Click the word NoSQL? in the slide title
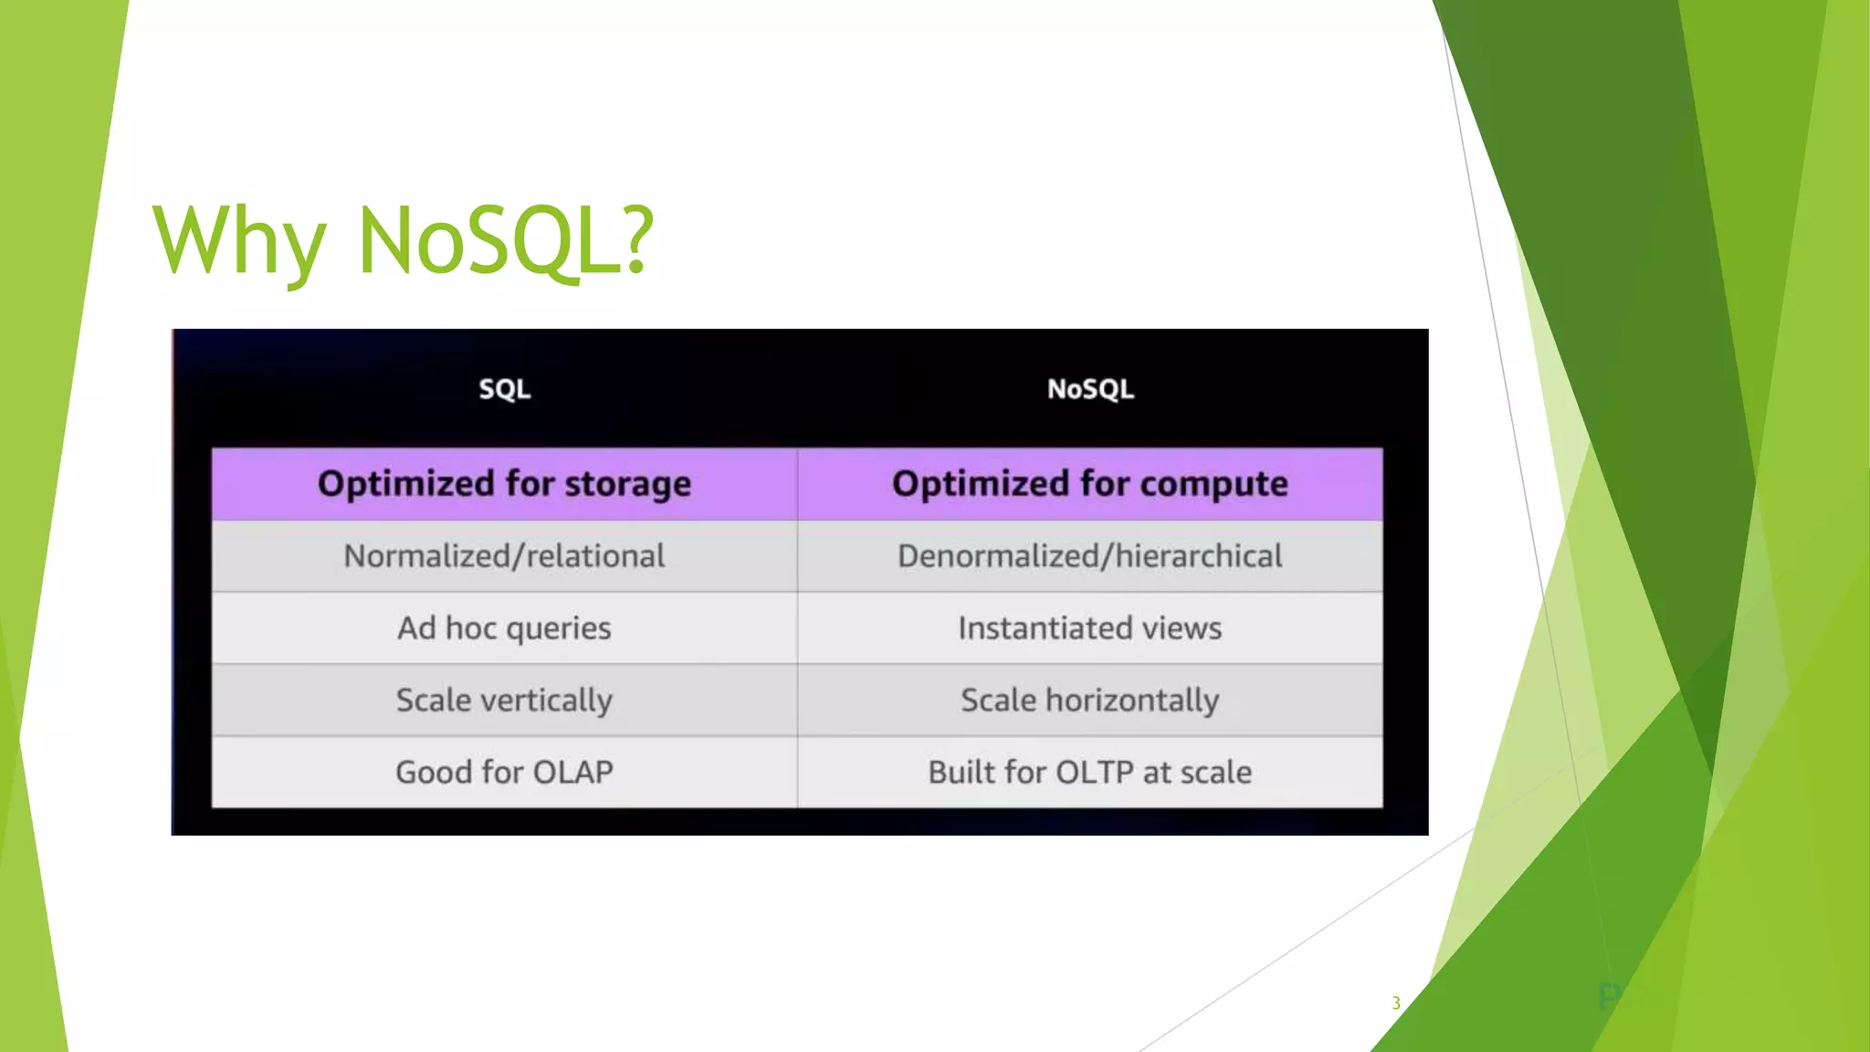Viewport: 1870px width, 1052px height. (x=507, y=240)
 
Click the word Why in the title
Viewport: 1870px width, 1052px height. (x=239, y=240)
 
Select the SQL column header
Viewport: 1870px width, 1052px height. (x=504, y=389)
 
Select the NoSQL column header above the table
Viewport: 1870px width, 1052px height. (x=1090, y=389)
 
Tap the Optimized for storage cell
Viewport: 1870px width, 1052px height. (x=504, y=484)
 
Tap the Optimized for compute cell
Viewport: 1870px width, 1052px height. (x=1090, y=484)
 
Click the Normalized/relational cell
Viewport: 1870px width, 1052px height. (x=504, y=556)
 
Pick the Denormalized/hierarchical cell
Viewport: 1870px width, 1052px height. (x=1090, y=556)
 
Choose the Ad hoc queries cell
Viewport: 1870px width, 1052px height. (x=504, y=628)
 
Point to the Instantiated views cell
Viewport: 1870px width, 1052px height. (x=1090, y=628)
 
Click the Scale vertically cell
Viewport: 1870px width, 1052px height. (x=504, y=700)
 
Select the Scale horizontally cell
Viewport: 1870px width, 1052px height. (x=1090, y=700)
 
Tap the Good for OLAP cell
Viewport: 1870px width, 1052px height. (x=504, y=773)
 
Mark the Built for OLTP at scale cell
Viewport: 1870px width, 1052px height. (x=1090, y=773)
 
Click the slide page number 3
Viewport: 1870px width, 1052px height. (x=1395, y=1003)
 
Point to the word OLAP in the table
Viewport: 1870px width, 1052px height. (x=573, y=773)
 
